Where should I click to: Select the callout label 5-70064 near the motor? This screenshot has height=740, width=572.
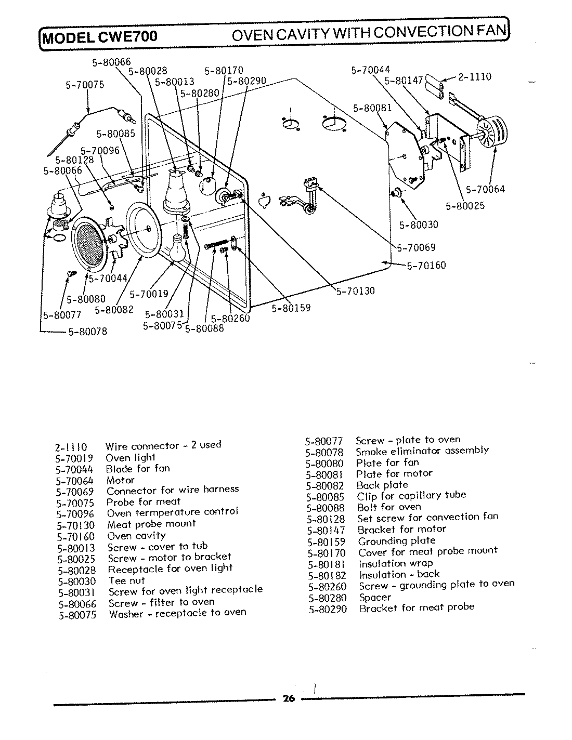(x=485, y=189)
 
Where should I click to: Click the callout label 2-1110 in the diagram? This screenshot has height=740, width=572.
(x=474, y=77)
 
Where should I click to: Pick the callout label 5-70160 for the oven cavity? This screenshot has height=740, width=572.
(x=426, y=266)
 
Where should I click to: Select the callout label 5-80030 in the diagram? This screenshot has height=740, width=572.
(x=419, y=224)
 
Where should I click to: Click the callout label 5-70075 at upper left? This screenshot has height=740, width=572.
(x=85, y=84)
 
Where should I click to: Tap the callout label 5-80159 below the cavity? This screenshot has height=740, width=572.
(x=291, y=308)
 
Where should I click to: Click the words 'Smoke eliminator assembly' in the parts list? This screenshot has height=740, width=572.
(x=422, y=451)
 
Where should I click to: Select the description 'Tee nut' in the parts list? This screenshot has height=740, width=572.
(x=126, y=580)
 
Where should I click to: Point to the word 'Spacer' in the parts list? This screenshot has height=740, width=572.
(x=375, y=597)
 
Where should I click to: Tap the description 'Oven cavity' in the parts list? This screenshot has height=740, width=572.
(x=136, y=536)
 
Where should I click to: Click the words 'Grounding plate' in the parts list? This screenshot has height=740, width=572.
(x=397, y=540)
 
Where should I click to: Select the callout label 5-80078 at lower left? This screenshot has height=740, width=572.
(x=87, y=332)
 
